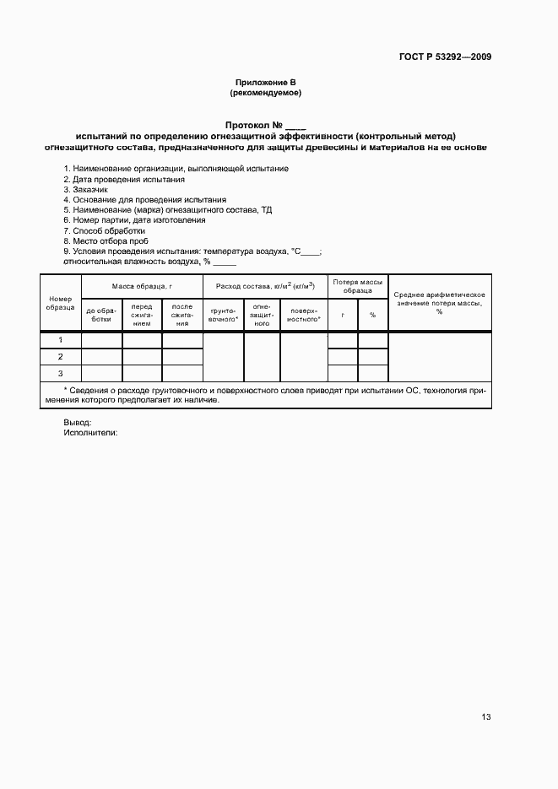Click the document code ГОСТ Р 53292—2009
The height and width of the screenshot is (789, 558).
[445, 57]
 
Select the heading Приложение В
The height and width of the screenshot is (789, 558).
[265, 82]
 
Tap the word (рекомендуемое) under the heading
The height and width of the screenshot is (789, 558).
[265, 92]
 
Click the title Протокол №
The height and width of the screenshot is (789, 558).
[258, 124]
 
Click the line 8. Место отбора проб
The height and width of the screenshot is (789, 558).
[106, 240]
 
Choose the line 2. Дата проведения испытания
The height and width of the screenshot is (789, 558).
[124, 180]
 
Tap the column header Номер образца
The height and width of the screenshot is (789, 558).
[61, 303]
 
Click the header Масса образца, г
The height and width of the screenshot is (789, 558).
[142, 287]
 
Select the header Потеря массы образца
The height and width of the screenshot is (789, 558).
[358, 285]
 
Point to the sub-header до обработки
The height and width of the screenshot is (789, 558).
[101, 314]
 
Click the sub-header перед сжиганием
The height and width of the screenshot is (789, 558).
[142, 315]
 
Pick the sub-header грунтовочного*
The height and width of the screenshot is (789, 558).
[224, 314]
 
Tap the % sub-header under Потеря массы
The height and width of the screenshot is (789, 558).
[372, 315]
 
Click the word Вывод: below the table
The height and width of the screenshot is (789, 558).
[78, 422]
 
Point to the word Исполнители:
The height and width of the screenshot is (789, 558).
[90, 432]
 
